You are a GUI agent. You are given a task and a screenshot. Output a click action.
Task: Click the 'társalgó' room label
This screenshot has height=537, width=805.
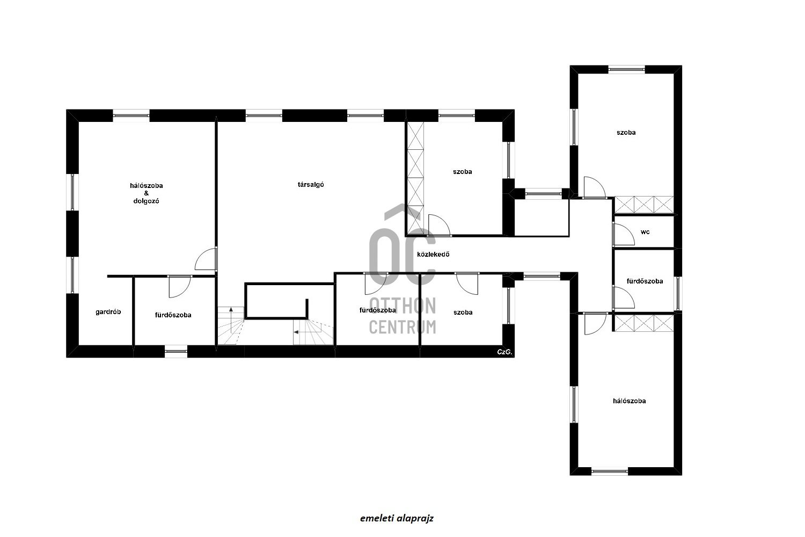[x=311, y=185]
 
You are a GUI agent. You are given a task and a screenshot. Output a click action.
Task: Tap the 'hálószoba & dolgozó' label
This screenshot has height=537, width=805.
[x=147, y=193]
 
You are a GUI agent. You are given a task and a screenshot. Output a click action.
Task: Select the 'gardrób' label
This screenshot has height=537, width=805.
[x=108, y=312]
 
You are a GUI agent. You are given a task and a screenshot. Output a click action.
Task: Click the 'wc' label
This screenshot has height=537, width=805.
[x=645, y=232]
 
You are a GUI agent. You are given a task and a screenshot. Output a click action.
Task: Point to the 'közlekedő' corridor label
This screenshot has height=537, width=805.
[x=433, y=255]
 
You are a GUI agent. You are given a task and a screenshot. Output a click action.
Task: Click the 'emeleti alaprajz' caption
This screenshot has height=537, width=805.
[x=397, y=518]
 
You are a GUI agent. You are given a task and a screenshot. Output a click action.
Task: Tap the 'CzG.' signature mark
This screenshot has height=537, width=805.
[x=504, y=352]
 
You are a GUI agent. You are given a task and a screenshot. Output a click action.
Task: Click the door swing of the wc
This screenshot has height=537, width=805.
[x=624, y=235]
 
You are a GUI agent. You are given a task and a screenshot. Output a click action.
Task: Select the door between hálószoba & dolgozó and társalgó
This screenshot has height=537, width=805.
[x=206, y=259]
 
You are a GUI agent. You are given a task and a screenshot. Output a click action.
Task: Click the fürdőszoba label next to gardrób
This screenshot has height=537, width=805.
[x=173, y=315]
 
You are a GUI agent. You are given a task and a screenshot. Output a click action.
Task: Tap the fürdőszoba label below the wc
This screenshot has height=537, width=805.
[x=645, y=281]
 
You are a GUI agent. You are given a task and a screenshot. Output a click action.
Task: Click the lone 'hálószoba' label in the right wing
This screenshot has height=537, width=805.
[x=630, y=401]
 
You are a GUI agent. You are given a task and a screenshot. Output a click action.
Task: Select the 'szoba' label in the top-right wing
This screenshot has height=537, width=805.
[x=626, y=132]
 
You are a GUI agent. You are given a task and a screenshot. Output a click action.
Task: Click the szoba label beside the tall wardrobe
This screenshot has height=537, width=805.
[x=462, y=172]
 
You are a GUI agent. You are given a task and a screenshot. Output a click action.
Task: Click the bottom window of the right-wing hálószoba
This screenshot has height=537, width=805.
[x=610, y=471]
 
